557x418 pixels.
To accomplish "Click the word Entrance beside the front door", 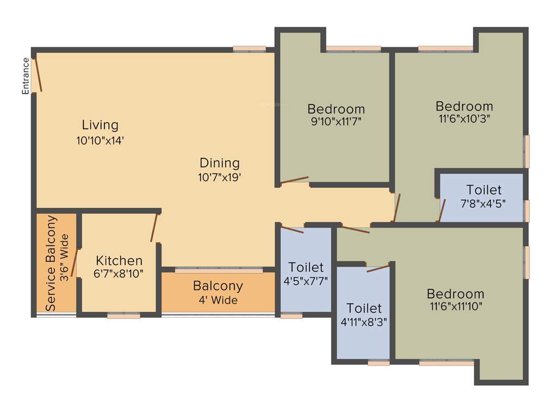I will [26, 76].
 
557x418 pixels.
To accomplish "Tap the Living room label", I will [100, 125].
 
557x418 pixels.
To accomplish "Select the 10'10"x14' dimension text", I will [101, 140].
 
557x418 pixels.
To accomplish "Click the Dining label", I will [220, 163].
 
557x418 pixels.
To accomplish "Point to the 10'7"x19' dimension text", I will [220, 177].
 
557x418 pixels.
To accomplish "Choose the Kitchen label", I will [119, 260].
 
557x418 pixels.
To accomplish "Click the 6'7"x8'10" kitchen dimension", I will [119, 274].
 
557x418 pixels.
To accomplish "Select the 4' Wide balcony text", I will [218, 300].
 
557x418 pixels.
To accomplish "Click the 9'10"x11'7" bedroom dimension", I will [336, 121].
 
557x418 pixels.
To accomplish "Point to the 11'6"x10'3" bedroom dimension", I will [464, 119].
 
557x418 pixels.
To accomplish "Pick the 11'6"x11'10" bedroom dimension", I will [456, 306].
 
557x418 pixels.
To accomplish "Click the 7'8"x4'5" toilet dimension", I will [484, 204].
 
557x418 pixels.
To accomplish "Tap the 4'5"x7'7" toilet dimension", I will [306, 281].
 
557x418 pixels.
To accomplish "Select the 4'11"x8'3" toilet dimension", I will [364, 322].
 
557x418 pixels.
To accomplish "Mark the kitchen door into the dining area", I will [154, 228].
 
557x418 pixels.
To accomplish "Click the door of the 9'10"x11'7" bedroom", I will [294, 180].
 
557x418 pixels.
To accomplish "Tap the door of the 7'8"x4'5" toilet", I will [442, 211].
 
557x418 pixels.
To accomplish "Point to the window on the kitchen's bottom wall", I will [123, 315].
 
